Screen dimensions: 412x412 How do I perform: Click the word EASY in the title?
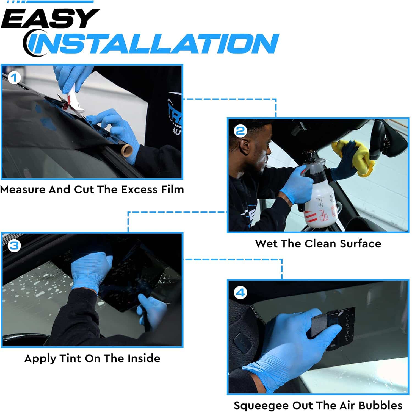point(50,18)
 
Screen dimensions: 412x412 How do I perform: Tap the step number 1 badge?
point(14,78)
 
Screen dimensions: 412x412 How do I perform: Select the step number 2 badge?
point(240,131)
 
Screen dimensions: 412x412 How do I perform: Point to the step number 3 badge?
point(14,245)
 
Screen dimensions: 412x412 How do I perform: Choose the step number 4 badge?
point(240,293)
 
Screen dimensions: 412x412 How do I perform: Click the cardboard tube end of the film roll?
point(127,150)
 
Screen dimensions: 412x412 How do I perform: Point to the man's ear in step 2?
point(244,146)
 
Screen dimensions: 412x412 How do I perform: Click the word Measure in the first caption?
point(23,190)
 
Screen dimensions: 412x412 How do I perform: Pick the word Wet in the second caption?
point(264,244)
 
